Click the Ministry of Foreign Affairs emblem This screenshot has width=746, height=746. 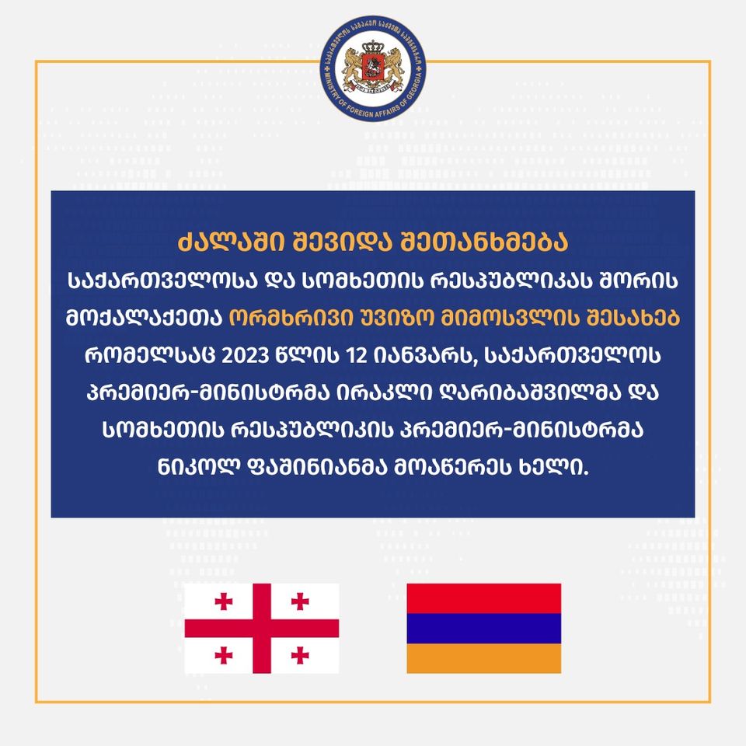373,68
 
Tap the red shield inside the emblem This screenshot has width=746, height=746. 373,68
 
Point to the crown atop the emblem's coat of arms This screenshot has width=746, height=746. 373,47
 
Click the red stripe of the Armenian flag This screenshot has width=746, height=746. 484,598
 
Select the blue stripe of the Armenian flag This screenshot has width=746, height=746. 484,628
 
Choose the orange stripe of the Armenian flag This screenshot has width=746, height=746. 484,658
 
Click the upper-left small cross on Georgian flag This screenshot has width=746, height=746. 224,601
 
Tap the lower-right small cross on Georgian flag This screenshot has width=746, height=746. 300,655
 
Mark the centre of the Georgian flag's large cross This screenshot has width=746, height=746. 262,629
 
